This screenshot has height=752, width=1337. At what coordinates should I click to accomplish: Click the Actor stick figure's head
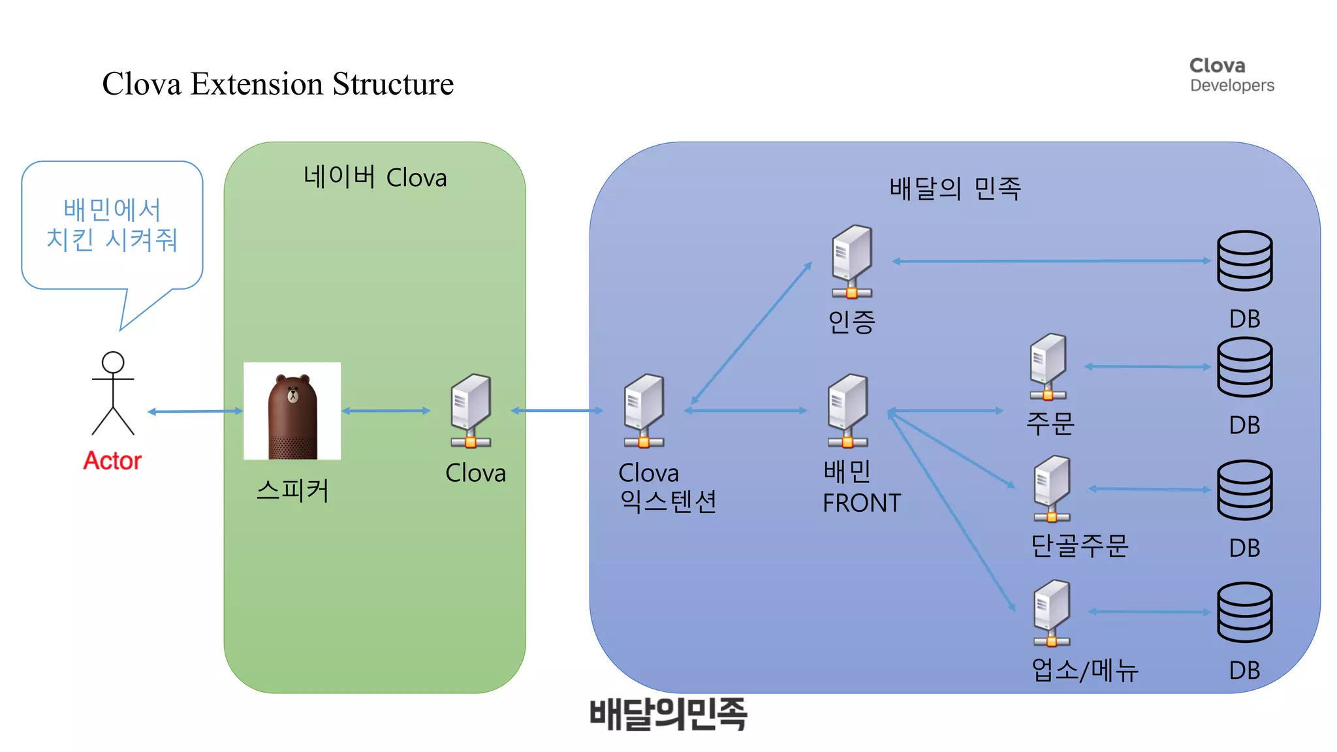(x=113, y=362)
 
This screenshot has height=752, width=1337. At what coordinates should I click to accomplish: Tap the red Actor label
(x=112, y=461)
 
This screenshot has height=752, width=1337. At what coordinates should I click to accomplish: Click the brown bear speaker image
(x=292, y=411)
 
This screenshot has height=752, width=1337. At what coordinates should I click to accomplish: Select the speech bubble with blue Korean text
(x=112, y=225)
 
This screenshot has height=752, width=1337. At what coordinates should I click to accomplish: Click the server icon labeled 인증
(x=852, y=261)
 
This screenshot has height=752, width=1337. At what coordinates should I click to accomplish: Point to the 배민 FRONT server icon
(x=848, y=410)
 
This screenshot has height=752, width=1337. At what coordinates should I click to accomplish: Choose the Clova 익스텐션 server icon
(x=644, y=410)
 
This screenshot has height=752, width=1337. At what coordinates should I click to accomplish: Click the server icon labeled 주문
(x=1048, y=366)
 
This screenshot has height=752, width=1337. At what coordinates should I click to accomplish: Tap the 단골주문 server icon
(x=1052, y=488)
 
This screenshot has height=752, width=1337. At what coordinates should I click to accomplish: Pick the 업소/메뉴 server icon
(x=1052, y=612)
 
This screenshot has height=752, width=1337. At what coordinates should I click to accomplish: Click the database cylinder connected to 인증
(x=1244, y=260)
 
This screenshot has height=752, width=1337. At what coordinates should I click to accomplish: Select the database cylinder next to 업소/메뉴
(x=1244, y=612)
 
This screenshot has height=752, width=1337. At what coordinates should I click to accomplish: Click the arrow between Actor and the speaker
(x=195, y=411)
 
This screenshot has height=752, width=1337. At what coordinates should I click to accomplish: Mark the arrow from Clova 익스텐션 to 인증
(x=751, y=334)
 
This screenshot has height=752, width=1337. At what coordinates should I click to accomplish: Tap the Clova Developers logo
(x=1231, y=75)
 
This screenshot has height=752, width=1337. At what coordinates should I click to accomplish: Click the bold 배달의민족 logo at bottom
(x=668, y=713)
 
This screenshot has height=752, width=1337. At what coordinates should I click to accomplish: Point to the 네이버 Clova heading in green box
(x=375, y=178)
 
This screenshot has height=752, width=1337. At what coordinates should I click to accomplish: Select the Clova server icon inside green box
(x=471, y=410)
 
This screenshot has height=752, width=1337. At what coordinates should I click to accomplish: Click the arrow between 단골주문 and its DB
(x=1150, y=489)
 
